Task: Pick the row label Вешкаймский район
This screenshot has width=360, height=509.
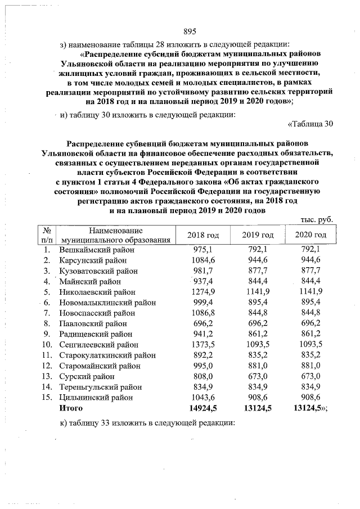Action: coord(97,249)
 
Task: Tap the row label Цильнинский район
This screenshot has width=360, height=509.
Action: coord(97,398)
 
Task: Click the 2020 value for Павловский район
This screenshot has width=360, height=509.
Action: coord(310,323)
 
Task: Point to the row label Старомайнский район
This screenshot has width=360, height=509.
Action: coord(100,366)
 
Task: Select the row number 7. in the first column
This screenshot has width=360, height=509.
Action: coord(48,313)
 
